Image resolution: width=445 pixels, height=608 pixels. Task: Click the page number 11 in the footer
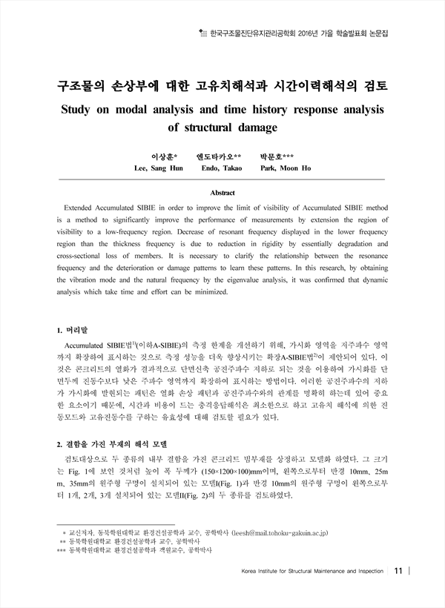398,571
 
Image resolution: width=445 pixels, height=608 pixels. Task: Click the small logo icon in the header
205,33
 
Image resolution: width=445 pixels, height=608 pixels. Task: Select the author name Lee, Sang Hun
158,169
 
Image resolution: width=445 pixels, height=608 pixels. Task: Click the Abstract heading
222,193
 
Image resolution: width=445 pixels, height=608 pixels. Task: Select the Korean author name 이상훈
162,157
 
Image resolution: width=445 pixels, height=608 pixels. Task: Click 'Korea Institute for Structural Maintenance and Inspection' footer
312,572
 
